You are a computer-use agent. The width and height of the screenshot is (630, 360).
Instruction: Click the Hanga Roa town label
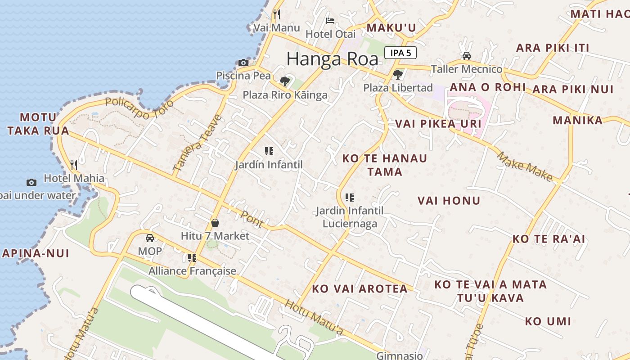332,59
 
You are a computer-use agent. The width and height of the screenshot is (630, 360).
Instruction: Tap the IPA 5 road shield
400,53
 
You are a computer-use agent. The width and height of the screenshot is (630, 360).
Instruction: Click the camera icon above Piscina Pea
243,63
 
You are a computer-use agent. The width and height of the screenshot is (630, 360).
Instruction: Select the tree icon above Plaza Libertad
397,74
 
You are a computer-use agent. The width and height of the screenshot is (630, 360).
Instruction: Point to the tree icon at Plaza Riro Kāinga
284,81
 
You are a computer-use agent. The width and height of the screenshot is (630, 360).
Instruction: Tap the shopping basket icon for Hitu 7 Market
215,223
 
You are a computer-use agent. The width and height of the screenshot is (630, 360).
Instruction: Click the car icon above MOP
150,238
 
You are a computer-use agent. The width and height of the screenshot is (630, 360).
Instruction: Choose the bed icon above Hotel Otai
330,21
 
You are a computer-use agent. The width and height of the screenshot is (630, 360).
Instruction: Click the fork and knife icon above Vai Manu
277,14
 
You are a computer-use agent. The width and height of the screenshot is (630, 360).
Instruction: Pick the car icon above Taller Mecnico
467,56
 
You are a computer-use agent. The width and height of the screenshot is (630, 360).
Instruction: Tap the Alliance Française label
192,271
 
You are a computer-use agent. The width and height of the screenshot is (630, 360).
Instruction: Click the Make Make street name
525,166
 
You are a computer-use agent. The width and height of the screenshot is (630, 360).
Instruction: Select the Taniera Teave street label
198,143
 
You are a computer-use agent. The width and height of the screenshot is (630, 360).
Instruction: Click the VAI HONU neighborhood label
449,201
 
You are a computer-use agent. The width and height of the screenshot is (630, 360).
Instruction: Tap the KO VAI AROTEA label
360,289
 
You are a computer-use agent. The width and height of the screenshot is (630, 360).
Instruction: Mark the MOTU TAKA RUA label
38,124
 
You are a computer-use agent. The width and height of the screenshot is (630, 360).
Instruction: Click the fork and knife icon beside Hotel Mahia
74,165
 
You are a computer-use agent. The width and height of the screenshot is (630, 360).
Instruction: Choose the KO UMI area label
548,322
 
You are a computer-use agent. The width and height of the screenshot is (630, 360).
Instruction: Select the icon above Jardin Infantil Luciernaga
350,197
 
